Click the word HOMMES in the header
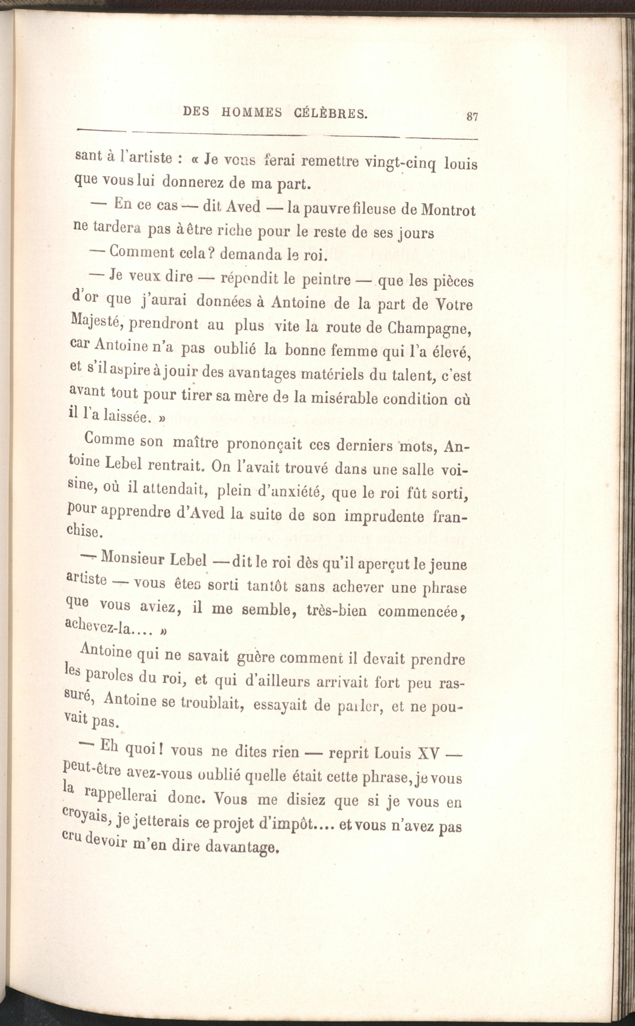pos(251,112)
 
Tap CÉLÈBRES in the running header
pos(330,113)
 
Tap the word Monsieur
pos(154,559)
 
